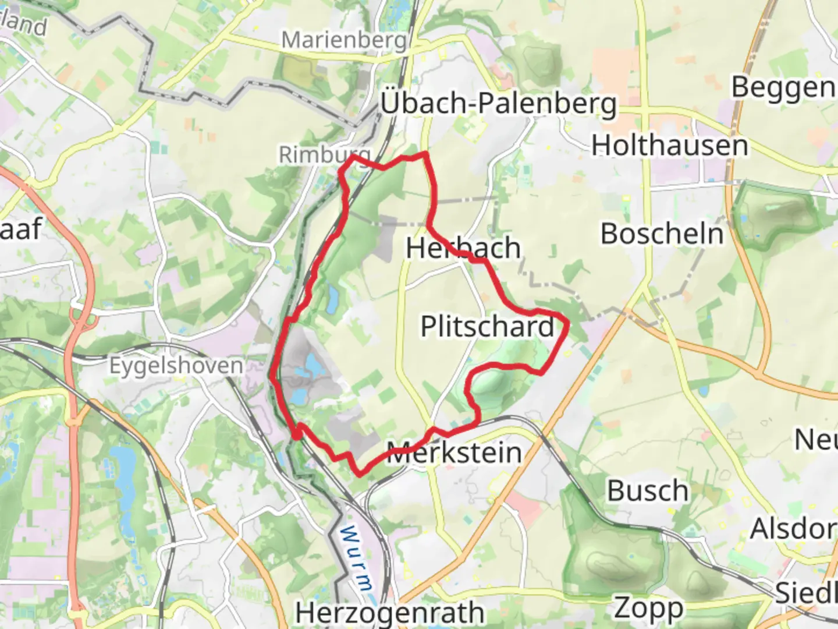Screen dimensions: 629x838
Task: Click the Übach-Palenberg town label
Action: [x=498, y=104]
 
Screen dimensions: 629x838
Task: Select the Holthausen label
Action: [x=670, y=145]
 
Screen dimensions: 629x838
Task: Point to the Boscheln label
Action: [x=662, y=234]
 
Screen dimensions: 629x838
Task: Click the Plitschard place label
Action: [x=488, y=326]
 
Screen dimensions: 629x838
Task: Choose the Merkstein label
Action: [x=454, y=453]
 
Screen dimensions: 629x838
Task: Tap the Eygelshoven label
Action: [x=176, y=366]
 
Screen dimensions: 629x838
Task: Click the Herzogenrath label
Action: [x=389, y=613]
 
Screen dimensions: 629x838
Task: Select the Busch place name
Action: [x=648, y=491]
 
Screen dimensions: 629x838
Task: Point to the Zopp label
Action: [x=648, y=608]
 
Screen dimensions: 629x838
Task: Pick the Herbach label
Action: [x=463, y=248]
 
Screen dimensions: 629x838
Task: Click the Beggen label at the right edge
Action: [x=783, y=88]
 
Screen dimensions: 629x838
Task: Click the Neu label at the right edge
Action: [x=816, y=439]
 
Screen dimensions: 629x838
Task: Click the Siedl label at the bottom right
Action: [x=806, y=593]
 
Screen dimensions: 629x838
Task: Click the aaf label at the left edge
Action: [x=20, y=228]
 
